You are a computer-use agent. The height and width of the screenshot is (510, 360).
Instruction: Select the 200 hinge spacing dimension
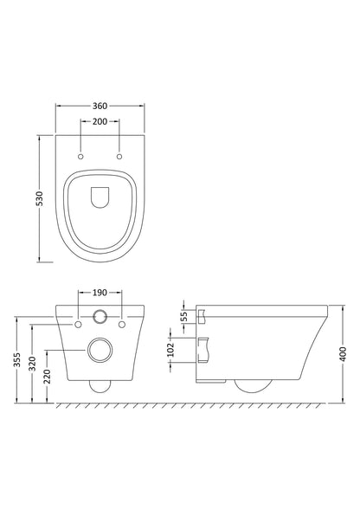pyautogui.click(x=100, y=123)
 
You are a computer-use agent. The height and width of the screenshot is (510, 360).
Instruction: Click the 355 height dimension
pyautogui.click(x=17, y=360)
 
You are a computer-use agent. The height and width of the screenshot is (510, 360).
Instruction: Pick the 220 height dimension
pyautogui.click(x=45, y=376)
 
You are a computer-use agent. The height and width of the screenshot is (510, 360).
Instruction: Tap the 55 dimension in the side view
pyautogui.click(x=183, y=315)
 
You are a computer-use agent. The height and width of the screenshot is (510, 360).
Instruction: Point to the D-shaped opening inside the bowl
pyautogui.click(x=100, y=197)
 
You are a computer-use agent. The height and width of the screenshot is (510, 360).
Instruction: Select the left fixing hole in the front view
pyautogui.click(x=79, y=324)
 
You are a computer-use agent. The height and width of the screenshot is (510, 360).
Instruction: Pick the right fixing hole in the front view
pyautogui.click(x=122, y=324)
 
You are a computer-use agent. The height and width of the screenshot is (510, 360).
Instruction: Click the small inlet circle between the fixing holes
pyautogui.click(x=100, y=318)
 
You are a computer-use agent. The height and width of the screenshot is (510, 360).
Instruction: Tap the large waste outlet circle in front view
pyautogui.click(x=100, y=352)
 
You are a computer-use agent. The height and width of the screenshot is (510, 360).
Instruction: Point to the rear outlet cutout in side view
pyautogui.click(x=204, y=350)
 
